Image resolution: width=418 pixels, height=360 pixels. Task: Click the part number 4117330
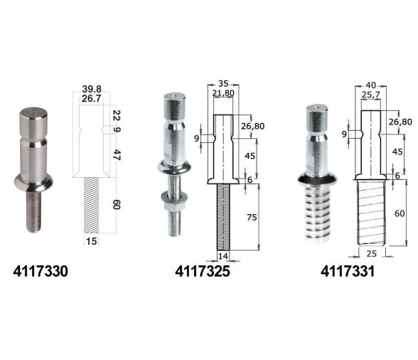pyautogui.click(x=41, y=271)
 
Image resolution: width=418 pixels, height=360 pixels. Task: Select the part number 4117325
pyautogui.click(x=203, y=271)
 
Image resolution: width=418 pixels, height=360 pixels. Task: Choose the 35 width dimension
pyautogui.click(x=223, y=83)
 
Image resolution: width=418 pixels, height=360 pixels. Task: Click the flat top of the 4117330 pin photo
pyautogui.click(x=34, y=113)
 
